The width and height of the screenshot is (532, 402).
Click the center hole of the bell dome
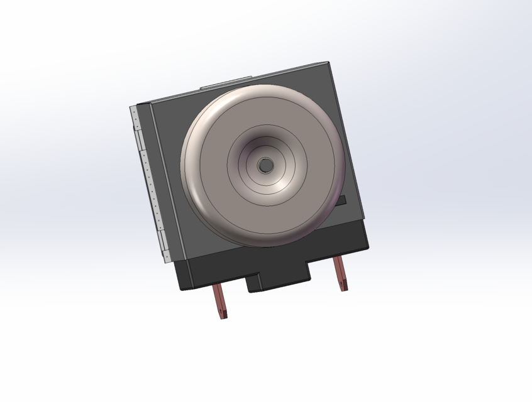[265, 165]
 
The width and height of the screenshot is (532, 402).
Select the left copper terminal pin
[219, 300]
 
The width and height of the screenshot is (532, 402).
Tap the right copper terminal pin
[340, 273]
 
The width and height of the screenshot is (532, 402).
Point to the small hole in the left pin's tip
[223, 312]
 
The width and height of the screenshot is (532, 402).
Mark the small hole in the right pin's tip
[343, 284]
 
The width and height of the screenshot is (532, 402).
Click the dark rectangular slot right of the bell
[340, 201]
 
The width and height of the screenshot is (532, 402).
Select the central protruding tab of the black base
[279, 279]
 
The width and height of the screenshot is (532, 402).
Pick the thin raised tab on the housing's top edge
[226, 82]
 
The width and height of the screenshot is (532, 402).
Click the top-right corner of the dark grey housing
[328, 62]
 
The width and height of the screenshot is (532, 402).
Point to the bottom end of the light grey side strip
[167, 258]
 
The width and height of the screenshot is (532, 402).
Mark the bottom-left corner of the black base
[180, 288]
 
